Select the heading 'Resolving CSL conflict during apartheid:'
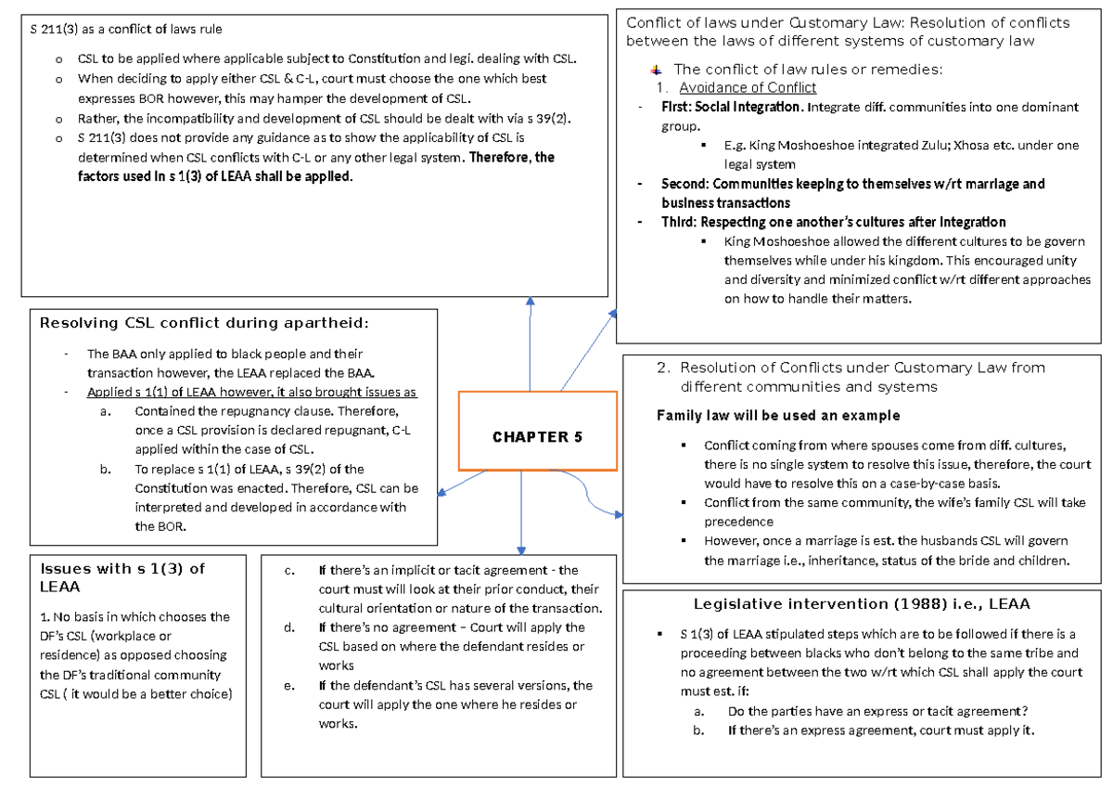click(204, 323)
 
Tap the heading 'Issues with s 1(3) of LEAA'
click(121, 577)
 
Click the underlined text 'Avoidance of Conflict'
click(748, 87)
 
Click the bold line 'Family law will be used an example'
click(777, 415)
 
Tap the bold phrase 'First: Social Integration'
click(732, 107)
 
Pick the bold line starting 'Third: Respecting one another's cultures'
click(833, 222)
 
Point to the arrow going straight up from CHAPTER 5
click(530, 343)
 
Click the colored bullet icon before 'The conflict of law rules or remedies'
click(658, 70)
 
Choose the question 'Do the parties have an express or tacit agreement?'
click(877, 712)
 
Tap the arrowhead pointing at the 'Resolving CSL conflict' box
click(443, 492)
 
